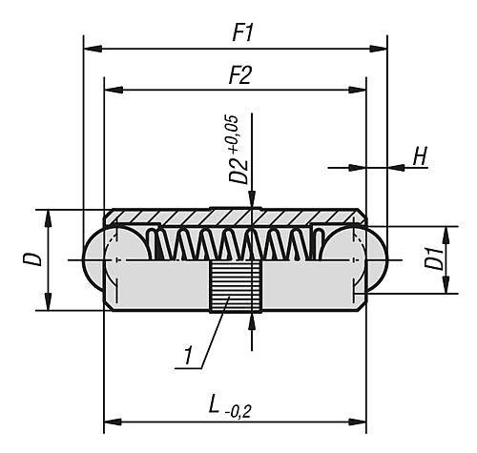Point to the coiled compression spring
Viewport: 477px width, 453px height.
(x=233, y=245)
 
